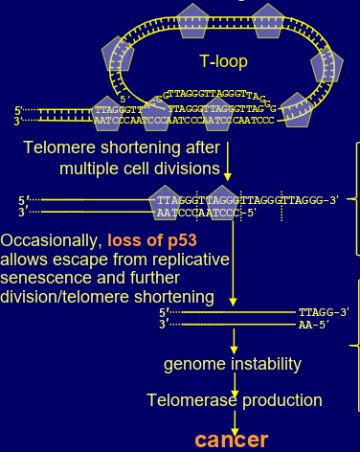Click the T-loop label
tap(223, 61)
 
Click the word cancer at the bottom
tap(233, 440)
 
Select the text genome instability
tap(233, 364)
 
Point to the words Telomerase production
tap(234, 400)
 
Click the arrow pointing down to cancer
tap(233, 419)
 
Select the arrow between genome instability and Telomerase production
tap(233, 382)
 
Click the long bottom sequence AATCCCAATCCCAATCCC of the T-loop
tap(195, 121)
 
